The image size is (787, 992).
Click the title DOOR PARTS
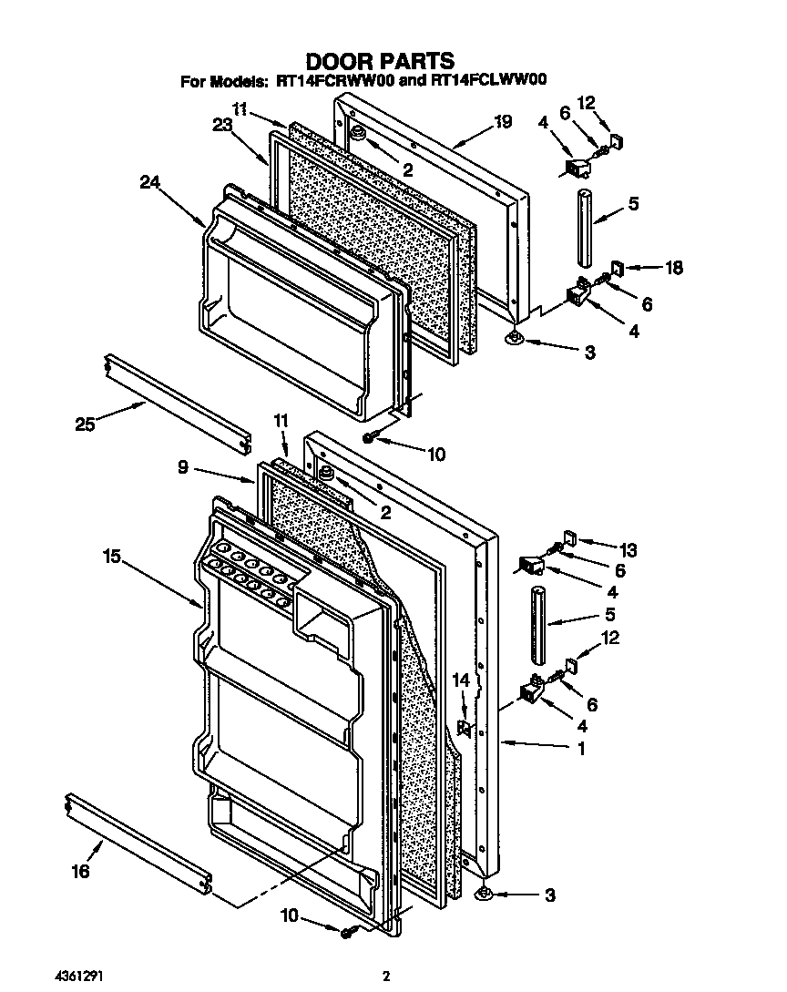click(x=379, y=61)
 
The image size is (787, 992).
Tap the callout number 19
click(x=503, y=121)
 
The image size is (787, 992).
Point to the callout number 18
click(x=673, y=268)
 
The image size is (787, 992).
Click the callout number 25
click(x=85, y=424)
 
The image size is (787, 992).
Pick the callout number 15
click(x=112, y=555)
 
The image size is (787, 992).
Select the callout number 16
click(x=80, y=872)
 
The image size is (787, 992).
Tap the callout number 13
click(x=628, y=550)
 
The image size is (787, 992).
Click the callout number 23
click(x=222, y=128)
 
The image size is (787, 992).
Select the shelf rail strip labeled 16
click(x=140, y=843)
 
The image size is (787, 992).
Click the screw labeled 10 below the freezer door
click(x=369, y=439)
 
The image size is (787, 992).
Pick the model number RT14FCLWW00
click(x=489, y=81)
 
